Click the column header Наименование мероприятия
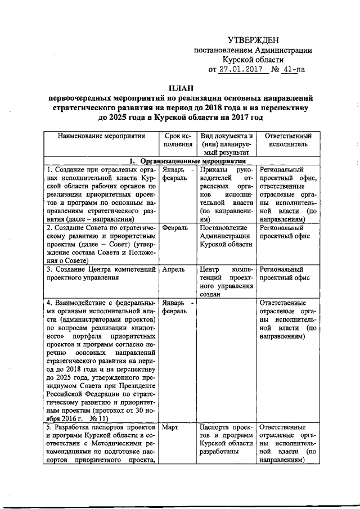[101, 136]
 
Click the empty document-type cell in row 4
[227, 360]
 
